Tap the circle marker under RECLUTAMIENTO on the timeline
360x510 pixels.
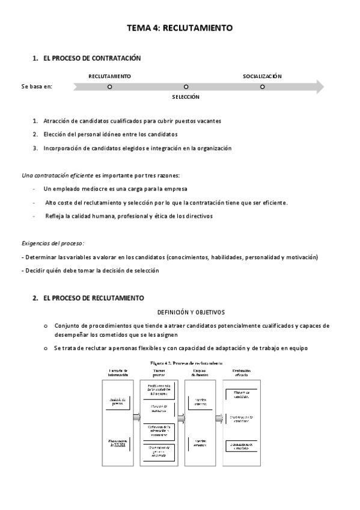click(109, 87)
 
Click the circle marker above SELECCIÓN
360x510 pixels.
click(186, 87)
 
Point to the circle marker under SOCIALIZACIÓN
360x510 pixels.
click(262, 87)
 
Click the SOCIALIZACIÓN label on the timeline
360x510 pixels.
click(262, 76)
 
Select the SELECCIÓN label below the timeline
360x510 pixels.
click(186, 97)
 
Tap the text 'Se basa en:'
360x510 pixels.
click(37, 87)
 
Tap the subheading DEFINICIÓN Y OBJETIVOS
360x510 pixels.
click(191, 312)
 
